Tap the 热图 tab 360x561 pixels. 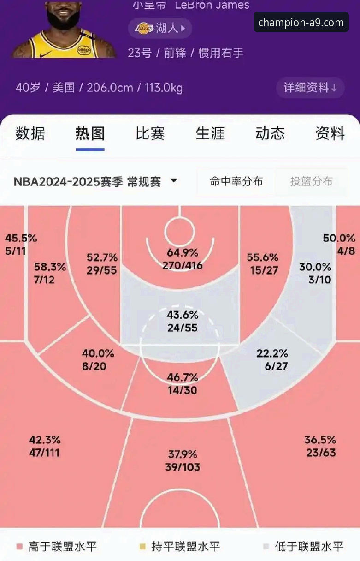point(90,133)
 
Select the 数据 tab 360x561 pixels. point(30,133)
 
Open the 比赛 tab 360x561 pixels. point(150,133)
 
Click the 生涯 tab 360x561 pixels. point(210,133)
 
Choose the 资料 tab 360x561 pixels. point(330,133)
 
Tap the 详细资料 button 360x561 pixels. point(310,87)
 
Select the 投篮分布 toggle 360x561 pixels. point(311,181)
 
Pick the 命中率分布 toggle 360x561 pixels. point(236,181)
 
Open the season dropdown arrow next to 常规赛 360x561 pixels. point(174,181)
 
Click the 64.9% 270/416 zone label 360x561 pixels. point(182,259)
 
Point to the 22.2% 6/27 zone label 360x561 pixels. point(272,360)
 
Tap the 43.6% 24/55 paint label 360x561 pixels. point(182,322)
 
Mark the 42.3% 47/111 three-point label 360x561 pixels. point(45,446)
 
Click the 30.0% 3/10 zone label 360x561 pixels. point(315,273)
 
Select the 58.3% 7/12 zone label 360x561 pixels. point(50,273)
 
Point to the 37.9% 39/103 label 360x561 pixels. point(183,460)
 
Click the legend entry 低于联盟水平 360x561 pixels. point(309,547)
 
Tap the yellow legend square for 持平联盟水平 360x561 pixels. point(142,547)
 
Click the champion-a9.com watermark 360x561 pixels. point(301,22)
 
